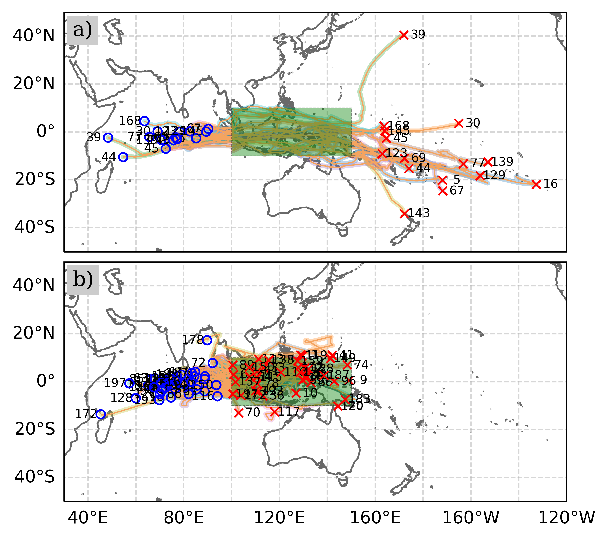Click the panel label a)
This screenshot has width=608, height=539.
pos(82,30)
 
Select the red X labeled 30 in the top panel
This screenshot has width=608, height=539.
pos(459,123)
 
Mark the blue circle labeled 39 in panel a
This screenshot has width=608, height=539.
pos(108,137)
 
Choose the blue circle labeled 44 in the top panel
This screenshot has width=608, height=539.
pos(123,157)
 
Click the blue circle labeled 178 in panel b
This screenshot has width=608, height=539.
pos(207,340)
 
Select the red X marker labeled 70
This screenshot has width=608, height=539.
pos(238,413)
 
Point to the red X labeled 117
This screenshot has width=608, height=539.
pos(275,412)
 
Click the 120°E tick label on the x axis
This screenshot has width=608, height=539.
pos(279,518)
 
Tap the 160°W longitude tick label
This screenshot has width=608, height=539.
pos(471,518)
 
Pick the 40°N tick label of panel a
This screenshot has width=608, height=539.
pos(34,36)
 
